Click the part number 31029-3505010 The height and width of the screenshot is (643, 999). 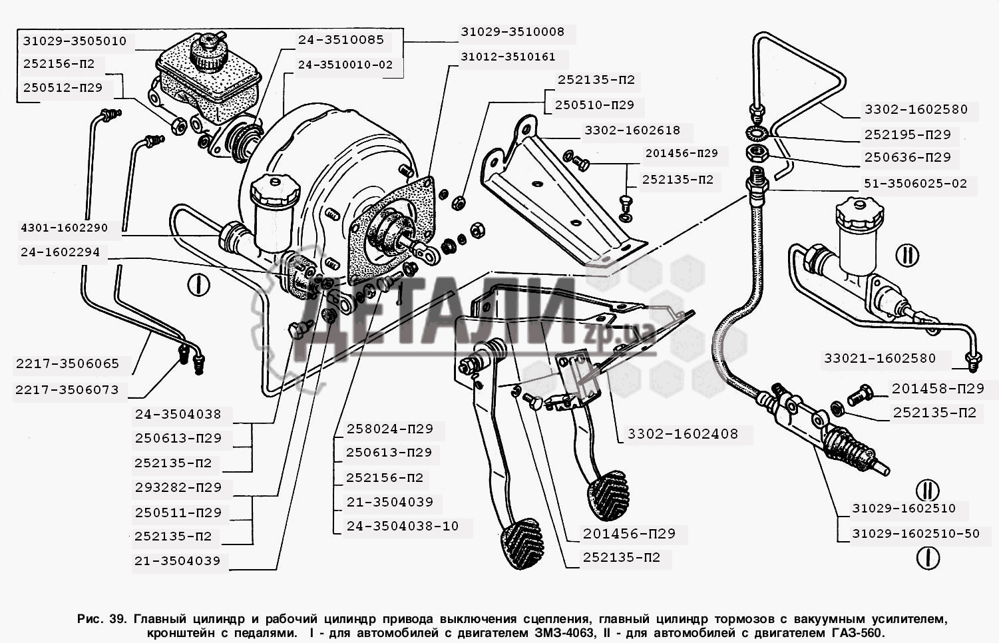pyautogui.click(x=75, y=41)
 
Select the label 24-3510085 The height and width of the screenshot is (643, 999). pyautogui.click(x=341, y=40)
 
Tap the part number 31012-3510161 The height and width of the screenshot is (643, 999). pyautogui.click(x=508, y=57)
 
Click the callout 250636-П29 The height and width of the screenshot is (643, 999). pyautogui.click(x=908, y=158)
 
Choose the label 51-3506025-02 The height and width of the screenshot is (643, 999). pyautogui.click(x=915, y=183)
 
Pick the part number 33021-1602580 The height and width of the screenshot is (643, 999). pyautogui.click(x=880, y=358)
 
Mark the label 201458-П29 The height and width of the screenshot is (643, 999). pyautogui.click(x=938, y=388)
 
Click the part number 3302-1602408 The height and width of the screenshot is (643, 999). pyautogui.click(x=683, y=434)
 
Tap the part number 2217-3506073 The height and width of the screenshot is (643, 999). pyautogui.click(x=67, y=390)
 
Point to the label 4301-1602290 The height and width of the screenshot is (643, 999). pyautogui.click(x=64, y=228)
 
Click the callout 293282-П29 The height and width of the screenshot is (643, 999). pyautogui.click(x=178, y=487)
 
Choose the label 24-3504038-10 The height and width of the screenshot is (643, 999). pyautogui.click(x=403, y=526)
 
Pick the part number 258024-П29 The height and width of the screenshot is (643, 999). pyautogui.click(x=389, y=429)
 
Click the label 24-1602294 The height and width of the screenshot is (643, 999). pyautogui.click(x=60, y=252)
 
